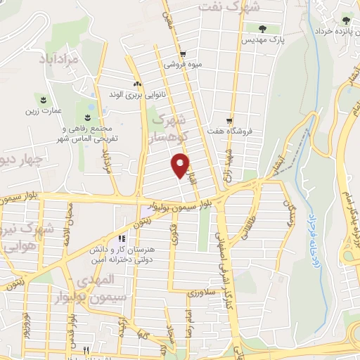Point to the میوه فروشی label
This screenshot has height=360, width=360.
point(184,64)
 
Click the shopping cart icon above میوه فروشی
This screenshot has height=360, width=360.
point(183,53)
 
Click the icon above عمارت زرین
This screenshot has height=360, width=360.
point(44,98)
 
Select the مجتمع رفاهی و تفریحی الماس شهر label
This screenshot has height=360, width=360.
point(89,134)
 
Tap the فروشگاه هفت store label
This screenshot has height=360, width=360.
point(229,131)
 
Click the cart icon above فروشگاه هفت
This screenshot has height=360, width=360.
point(229,120)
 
